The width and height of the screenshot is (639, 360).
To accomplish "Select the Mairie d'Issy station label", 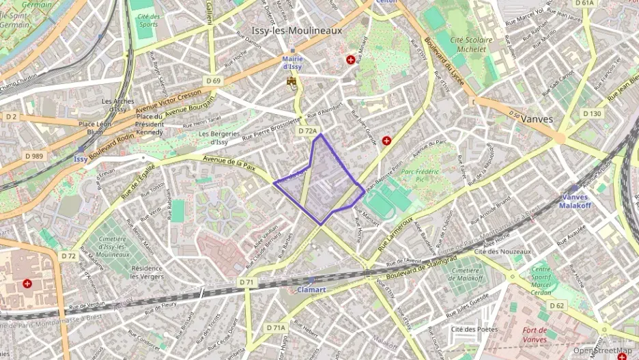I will point(292,63).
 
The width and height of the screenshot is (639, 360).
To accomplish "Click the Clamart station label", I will point(311,289).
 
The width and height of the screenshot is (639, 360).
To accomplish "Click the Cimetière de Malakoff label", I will point(465,274).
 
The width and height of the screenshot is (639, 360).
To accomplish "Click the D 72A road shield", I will point(308,130).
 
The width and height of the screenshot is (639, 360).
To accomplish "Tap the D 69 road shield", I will point(214,81).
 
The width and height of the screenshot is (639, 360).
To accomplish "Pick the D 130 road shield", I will point(591,113).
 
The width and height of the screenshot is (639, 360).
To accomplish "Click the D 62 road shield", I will point(556,305).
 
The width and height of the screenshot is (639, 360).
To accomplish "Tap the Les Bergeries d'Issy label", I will point(218,138).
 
